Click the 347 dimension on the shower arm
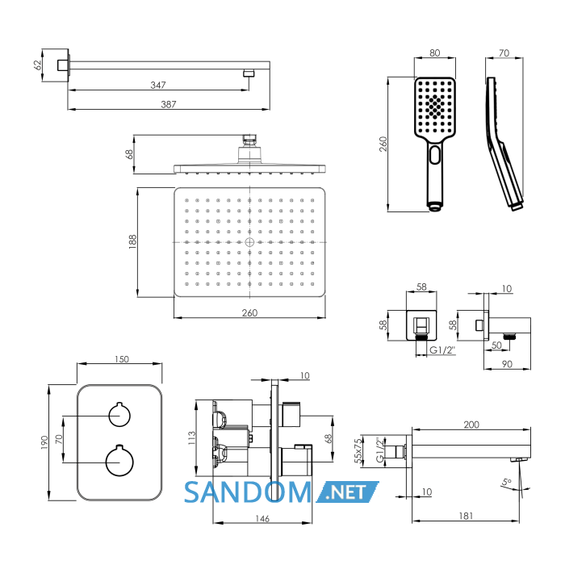click(x=158, y=85)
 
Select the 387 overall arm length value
click(x=168, y=104)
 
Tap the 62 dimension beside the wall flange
click(x=37, y=65)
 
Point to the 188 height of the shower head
click(x=132, y=242)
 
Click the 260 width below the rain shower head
click(x=249, y=313)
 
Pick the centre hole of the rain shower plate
click(x=249, y=242)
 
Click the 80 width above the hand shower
click(x=434, y=53)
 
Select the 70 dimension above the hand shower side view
click(x=504, y=53)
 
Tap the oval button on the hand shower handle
click(x=435, y=155)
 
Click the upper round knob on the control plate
click(x=119, y=415)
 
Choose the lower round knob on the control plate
click(x=119, y=461)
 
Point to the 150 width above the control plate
click(x=121, y=359)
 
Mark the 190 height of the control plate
click(x=44, y=442)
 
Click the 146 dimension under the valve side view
click(x=262, y=518)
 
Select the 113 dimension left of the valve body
click(x=191, y=437)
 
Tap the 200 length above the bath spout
click(x=471, y=425)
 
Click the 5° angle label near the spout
click(x=506, y=482)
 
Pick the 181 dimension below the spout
click(x=466, y=516)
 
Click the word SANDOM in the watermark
click(x=248, y=492)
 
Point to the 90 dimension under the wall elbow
click(x=507, y=364)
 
